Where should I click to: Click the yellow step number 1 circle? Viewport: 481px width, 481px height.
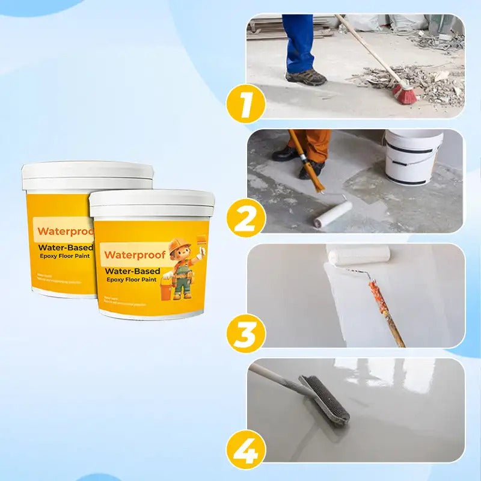[246, 104]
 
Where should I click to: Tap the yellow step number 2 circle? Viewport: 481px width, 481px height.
[246, 219]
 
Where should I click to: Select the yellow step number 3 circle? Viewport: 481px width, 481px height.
[246, 334]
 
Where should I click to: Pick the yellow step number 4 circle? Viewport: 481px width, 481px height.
[246, 449]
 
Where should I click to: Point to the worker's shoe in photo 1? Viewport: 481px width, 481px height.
[306, 78]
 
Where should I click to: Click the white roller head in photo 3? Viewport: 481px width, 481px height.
[358, 255]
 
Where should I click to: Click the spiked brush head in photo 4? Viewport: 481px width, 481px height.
[325, 399]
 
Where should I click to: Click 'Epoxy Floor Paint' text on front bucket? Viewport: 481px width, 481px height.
[132, 280]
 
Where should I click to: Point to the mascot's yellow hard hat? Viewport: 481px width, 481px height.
[179, 245]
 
